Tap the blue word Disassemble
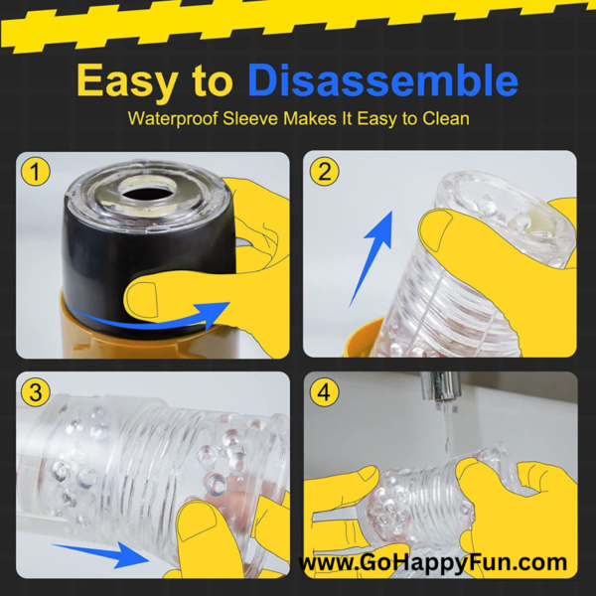pyautogui.click(x=382, y=79)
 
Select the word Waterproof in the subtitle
pyautogui.click(x=173, y=118)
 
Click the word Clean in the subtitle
pyautogui.click(x=446, y=118)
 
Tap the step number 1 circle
pyautogui.click(x=35, y=172)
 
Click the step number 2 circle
pyautogui.click(x=324, y=172)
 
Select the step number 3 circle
pyautogui.click(x=35, y=392)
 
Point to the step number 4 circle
pyautogui.click(x=324, y=392)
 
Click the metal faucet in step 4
pyautogui.click(x=440, y=385)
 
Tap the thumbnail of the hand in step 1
pyautogui.click(x=141, y=300)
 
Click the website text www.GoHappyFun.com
pyautogui.click(x=432, y=562)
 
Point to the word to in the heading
pyautogui.click(x=213, y=81)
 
